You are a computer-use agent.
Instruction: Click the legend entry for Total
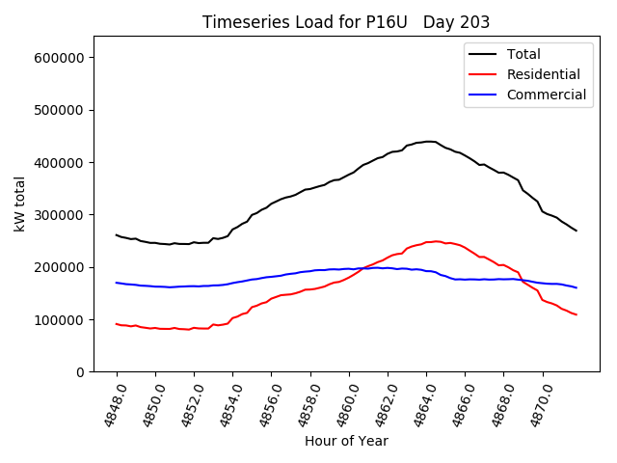(x=523, y=54)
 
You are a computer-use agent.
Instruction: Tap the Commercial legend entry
(x=546, y=95)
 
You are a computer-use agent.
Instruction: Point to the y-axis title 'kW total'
(x=20, y=204)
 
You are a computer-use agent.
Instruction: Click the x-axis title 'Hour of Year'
(x=346, y=441)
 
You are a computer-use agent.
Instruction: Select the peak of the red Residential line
(x=437, y=241)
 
